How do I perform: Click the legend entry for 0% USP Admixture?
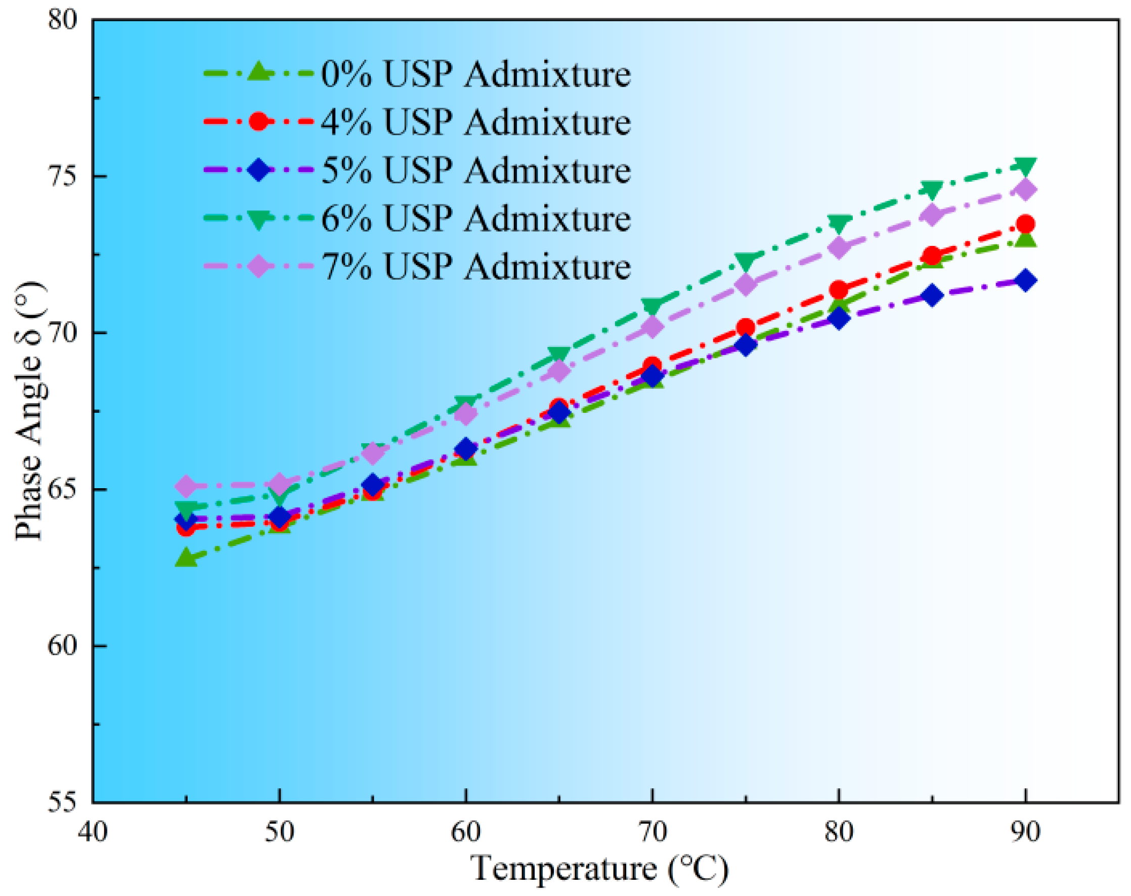tap(474, 74)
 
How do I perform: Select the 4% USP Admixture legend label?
tap(474, 122)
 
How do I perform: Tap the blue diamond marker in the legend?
tap(258, 170)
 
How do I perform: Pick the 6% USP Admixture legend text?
tap(474, 218)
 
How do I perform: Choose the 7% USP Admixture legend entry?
tap(474, 267)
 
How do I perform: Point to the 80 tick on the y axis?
tap(62, 20)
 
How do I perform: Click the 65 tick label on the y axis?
tap(62, 489)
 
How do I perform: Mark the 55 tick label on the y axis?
tap(62, 802)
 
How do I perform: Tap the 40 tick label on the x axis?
tap(93, 832)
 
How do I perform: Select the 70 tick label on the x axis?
tap(652, 832)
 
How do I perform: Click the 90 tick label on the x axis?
tap(1025, 832)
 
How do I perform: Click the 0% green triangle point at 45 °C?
tap(186, 558)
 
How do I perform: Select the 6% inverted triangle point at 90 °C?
tap(1026, 166)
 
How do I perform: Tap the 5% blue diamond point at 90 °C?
tap(1026, 281)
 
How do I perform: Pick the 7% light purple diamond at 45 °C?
tap(186, 486)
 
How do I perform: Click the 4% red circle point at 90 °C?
tap(1026, 225)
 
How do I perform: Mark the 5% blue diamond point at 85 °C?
tap(932, 296)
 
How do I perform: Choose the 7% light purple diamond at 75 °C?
tap(746, 285)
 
